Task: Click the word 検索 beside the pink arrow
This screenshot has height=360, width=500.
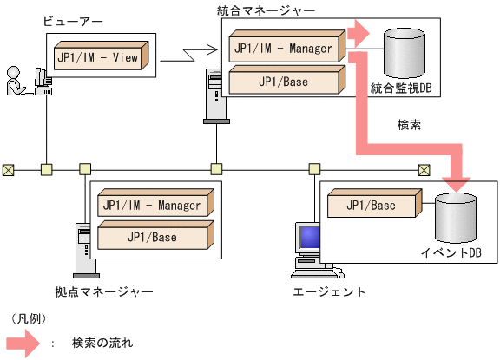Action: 408,125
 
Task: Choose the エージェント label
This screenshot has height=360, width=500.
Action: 330,291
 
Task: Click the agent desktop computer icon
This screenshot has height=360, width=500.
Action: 307,247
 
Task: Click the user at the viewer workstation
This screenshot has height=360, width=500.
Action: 16,80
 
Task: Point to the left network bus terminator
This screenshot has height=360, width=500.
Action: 8,168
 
